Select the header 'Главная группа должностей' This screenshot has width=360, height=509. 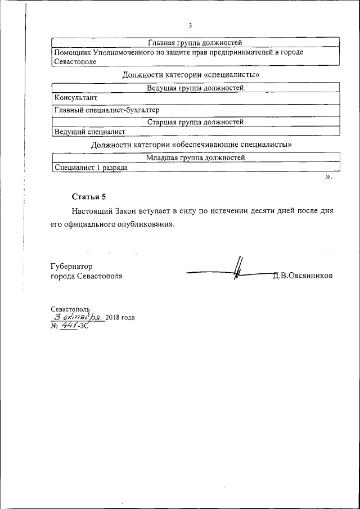tap(195, 42)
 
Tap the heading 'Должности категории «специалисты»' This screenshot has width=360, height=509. tap(191, 74)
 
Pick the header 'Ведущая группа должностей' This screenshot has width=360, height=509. tap(195, 88)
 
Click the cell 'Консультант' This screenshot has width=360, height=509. tap(75, 98)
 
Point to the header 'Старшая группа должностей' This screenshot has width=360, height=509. tap(195, 121)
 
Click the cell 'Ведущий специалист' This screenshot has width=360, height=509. tap(89, 132)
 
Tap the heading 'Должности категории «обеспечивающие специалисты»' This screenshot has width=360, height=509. tap(191, 145)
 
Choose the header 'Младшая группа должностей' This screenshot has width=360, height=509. tap(195, 158)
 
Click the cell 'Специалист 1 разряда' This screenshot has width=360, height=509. tap(91, 168)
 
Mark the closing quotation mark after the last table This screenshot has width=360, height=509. tap(328, 178)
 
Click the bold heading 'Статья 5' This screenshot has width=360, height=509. tap(89, 196)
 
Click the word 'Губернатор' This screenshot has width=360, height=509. tap(71, 266)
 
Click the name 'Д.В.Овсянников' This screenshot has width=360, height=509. tap(302, 276)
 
